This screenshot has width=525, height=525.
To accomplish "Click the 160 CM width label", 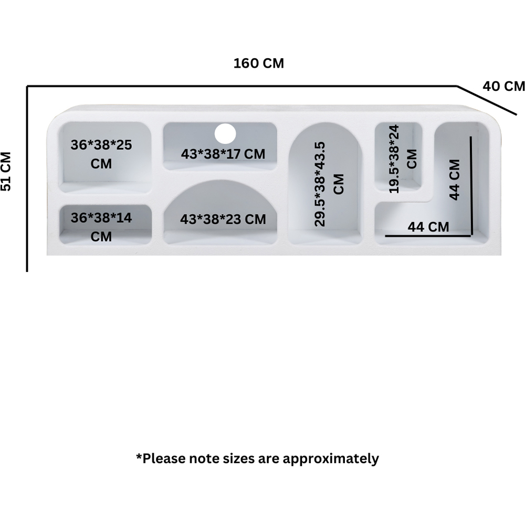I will [x=258, y=64].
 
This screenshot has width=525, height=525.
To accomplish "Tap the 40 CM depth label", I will [x=503, y=86].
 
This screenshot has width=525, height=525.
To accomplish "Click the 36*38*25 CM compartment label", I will [x=101, y=154].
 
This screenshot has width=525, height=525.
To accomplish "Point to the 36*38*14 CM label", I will [x=101, y=227].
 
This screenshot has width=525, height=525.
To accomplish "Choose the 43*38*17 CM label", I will [x=223, y=154].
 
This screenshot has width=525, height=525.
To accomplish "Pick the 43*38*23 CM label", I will [x=223, y=219].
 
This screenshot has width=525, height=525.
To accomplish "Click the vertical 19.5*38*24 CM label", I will [x=402, y=159].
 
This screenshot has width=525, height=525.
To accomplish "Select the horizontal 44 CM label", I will [x=428, y=227].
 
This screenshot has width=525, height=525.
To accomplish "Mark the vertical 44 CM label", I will [x=455, y=179].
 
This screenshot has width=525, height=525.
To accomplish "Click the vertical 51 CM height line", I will [x=27, y=178].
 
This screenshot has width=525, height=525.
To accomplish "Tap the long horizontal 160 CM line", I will [x=241, y=86].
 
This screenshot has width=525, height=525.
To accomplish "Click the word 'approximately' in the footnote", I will [x=331, y=458].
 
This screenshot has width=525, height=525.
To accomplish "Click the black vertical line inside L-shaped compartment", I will [x=471, y=186].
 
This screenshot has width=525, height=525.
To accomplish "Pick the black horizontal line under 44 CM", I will [x=428, y=236].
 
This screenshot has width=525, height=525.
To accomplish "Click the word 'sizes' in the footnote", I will [x=237, y=458].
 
